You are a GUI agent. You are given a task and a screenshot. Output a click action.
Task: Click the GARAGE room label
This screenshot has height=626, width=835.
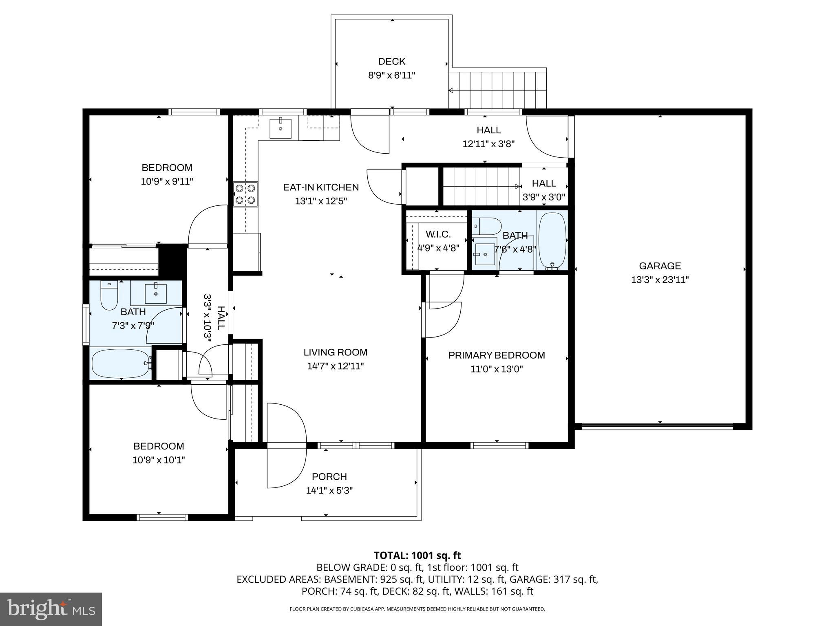coord(660,266)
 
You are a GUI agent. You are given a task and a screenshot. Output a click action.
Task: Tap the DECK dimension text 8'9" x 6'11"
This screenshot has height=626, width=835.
coord(391,75)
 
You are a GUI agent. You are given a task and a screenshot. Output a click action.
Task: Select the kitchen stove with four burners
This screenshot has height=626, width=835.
coord(245,194)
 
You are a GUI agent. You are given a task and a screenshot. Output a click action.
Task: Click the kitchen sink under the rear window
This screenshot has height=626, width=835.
coord(281,128)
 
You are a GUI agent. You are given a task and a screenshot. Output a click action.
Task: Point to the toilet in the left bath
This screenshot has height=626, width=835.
coord(109,297)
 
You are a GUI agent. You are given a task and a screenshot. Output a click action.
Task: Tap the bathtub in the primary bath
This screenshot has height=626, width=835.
coord(552,241)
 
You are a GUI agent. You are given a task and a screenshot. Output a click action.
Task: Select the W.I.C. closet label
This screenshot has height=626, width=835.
coord(438,234)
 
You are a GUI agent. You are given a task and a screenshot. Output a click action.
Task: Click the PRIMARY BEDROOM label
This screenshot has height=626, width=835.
coord(497,355)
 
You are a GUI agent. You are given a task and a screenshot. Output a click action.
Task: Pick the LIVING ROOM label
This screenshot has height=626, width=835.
coord(335,353)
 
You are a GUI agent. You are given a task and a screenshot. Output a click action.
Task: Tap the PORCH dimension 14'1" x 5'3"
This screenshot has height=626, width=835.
coord(329,490)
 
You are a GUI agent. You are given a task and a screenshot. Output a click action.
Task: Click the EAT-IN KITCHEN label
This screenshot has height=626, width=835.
coord(321,187)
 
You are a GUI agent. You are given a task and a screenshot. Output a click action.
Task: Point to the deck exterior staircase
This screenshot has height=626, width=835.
coord(497,89)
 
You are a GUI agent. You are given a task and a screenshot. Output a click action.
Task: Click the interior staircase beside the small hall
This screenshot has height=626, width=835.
coord(481,187)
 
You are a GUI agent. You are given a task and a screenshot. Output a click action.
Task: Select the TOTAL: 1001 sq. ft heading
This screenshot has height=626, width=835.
coord(417,555)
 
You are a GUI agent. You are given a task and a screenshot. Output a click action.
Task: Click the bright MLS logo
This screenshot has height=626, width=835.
coord(51,609)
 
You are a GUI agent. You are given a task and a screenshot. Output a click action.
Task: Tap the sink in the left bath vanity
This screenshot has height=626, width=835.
coord(156,293)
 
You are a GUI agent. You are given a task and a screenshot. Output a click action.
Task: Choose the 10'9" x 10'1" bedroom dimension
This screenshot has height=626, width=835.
coord(159,460)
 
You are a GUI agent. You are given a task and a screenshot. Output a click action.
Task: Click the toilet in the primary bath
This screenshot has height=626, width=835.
coord(488,225)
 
